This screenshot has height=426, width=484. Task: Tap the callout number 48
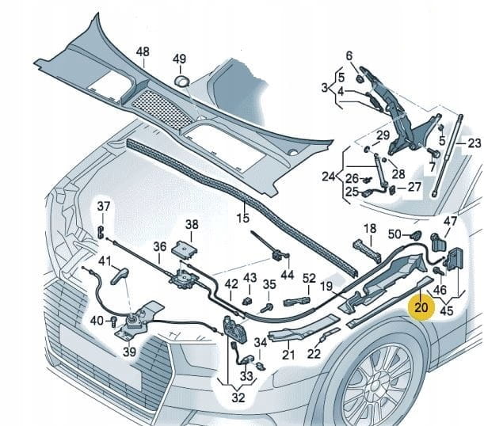click(x=143, y=52)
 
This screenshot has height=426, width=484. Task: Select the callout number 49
click(x=180, y=59)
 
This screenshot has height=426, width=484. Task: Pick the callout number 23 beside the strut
click(x=474, y=143)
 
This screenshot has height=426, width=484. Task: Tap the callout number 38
click(x=192, y=225)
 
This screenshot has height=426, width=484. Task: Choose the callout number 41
click(x=105, y=261)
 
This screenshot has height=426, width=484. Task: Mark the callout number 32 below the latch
click(x=238, y=398)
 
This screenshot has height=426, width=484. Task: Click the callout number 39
click(x=128, y=352)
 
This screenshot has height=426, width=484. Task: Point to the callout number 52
click(x=309, y=278)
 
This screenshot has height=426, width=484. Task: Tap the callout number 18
click(x=369, y=229)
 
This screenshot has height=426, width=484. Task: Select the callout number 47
click(x=449, y=222)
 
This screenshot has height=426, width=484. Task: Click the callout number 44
click(x=287, y=274)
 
